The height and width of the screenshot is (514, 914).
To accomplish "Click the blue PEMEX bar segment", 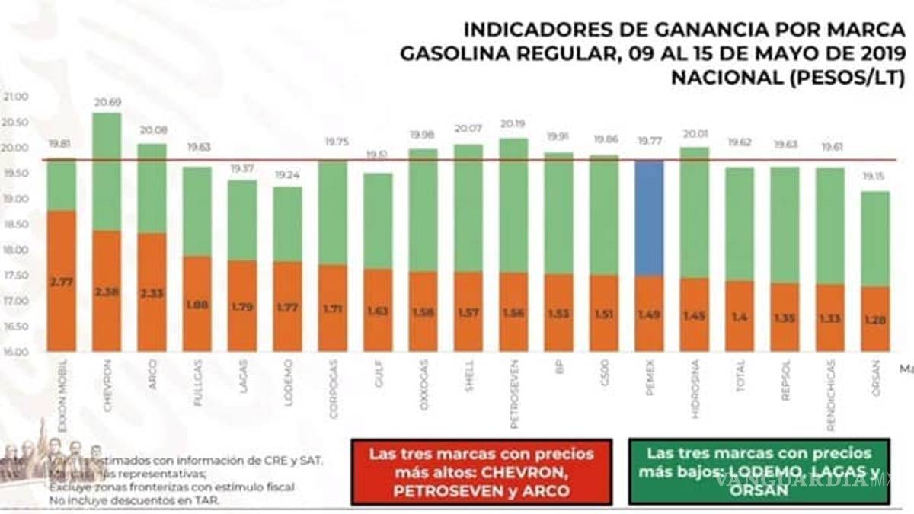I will (649, 218).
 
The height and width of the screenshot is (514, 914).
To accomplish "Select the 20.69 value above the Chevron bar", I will (107, 102).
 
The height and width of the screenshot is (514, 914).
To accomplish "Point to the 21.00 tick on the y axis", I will (15, 97).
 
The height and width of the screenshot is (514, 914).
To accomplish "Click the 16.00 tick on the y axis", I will (15, 353).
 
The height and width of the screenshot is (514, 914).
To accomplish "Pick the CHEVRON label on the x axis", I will (107, 376).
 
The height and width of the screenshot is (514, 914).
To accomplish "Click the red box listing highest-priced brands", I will (481, 471).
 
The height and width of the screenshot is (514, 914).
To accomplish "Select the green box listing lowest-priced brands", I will (759, 471).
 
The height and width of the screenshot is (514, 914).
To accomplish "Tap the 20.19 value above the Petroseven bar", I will (513, 123).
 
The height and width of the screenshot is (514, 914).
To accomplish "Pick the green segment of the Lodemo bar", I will (287, 224).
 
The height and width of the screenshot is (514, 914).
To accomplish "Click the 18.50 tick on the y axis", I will (15, 225).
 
